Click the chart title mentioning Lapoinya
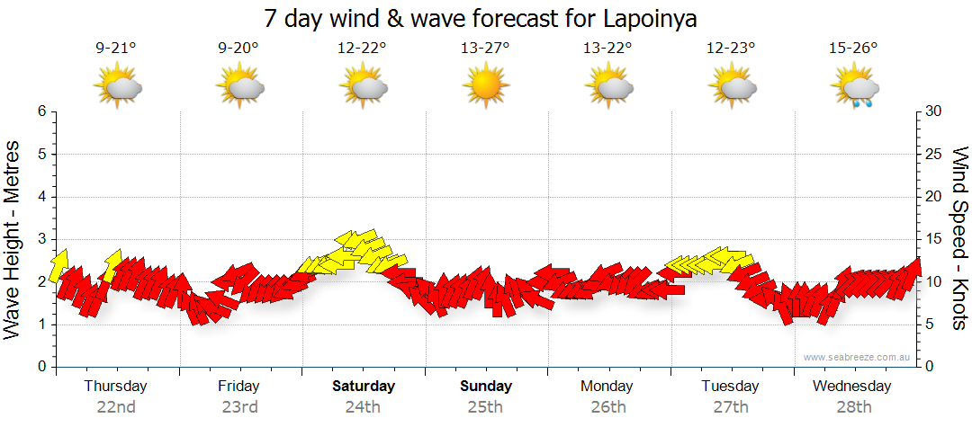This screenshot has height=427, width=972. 481,18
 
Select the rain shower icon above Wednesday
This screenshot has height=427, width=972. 854,88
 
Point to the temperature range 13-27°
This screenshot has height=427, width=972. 485,49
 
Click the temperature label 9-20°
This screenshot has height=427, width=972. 238,49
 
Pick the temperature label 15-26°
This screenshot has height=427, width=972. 853,49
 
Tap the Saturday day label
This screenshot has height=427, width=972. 363,387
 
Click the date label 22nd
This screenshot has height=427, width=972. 116,406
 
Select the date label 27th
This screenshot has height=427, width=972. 731,406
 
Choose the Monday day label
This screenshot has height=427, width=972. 607,387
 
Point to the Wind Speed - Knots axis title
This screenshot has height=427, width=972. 959,238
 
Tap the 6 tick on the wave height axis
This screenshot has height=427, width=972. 40,111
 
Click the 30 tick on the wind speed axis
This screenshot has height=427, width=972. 933,111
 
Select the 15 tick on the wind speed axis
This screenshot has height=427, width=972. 933,239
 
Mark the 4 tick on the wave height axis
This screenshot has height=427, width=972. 40,197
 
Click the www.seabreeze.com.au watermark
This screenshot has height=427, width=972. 858,357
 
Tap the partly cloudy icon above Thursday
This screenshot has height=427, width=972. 118,88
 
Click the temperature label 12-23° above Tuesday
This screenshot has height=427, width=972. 731,49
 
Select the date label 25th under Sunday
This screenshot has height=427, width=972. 485,406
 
